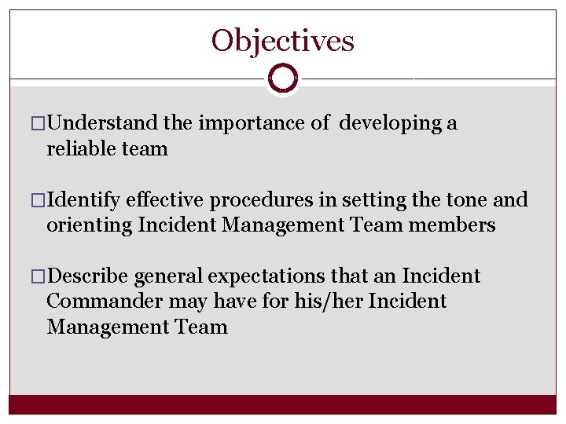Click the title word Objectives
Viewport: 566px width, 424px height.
tap(282, 40)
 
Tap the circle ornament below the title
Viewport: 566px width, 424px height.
tap(282, 79)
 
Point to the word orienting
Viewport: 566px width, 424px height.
tap(89, 225)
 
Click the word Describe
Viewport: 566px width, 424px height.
tap(89, 276)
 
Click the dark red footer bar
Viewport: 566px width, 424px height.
tap(282, 404)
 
